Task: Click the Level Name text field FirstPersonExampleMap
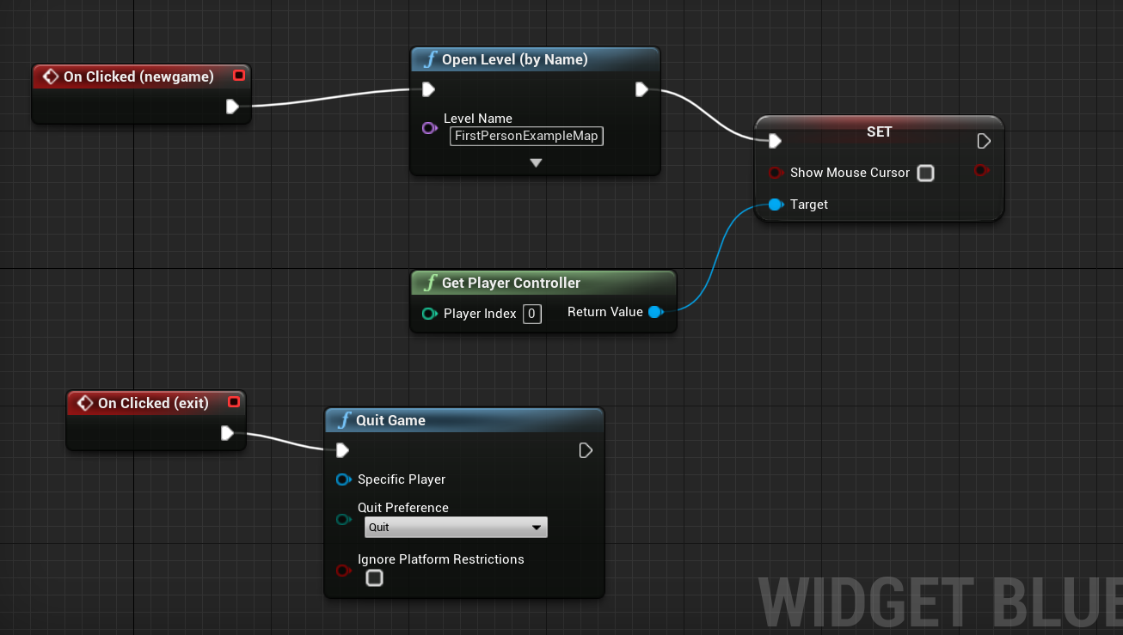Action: coord(526,136)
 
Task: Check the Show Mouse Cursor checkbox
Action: coord(925,173)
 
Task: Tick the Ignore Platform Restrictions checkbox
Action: coord(374,578)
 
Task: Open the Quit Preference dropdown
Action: coord(456,528)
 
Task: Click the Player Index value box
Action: coord(532,314)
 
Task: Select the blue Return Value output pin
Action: coord(656,312)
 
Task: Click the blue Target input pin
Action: coord(776,205)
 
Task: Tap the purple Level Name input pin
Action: coord(430,128)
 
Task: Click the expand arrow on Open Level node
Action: coord(536,162)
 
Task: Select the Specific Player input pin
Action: coord(343,479)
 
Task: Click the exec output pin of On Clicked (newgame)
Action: coord(231,107)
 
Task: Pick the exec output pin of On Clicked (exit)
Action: coord(227,433)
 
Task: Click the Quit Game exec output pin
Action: coord(585,450)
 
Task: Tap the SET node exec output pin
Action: coord(984,141)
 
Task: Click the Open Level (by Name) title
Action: coord(515,59)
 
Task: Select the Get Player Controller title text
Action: coord(511,283)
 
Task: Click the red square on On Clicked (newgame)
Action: coord(239,75)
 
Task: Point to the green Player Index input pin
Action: coord(430,314)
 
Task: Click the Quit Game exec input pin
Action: coord(342,450)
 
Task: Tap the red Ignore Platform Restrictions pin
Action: coord(343,571)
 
